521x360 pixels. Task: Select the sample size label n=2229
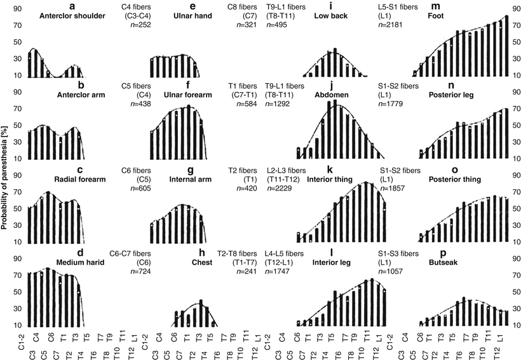pos(282,189)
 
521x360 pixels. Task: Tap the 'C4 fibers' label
pos(135,7)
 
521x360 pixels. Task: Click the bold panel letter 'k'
pos(330,170)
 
